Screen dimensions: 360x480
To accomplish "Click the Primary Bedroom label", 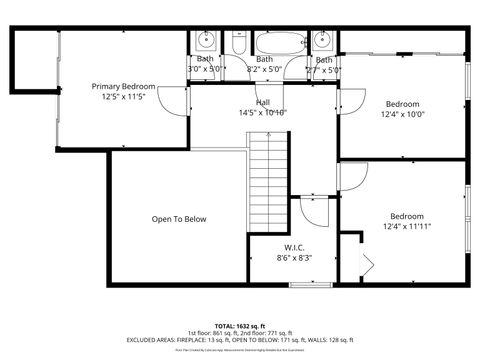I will point(124,87).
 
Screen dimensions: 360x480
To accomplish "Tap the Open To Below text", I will point(179,219).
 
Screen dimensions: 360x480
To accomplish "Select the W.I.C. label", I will point(294,247).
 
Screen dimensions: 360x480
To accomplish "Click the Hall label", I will point(263,102).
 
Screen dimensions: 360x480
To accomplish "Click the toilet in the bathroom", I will point(239,43).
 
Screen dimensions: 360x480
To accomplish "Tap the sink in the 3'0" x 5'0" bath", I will point(205,41).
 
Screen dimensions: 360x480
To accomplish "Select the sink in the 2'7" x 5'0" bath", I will point(322,41).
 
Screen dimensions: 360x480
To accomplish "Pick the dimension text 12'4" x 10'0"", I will point(403,114).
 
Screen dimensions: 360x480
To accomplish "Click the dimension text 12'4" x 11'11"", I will point(406,227).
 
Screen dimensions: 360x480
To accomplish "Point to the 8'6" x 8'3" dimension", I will point(294,258).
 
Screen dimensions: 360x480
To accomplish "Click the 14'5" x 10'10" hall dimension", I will point(263,113).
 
